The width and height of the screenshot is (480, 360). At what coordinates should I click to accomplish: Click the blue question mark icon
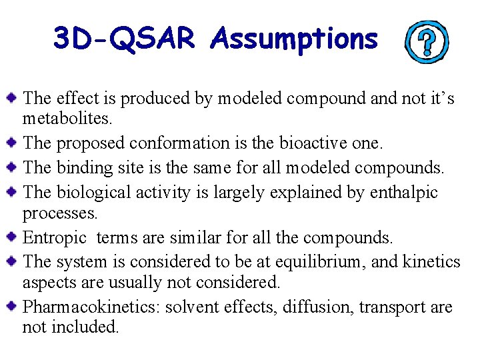427,42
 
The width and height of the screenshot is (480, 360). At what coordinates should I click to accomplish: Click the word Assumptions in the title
294,39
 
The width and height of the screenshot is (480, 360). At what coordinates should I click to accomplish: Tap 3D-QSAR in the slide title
124,39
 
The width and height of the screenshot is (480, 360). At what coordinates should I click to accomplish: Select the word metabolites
67,119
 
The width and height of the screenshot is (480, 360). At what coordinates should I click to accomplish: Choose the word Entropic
55,237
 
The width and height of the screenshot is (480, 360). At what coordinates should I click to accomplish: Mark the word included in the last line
83,327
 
